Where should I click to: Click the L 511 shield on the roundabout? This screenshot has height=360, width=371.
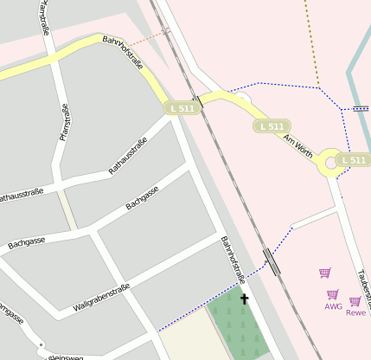pyautogui.click(x=353, y=160)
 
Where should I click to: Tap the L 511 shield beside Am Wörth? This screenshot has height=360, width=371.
pyautogui.click(x=271, y=126)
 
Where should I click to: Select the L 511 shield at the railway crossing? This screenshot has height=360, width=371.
pyautogui.click(x=182, y=108)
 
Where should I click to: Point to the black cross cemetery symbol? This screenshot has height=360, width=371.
pyautogui.click(x=244, y=299)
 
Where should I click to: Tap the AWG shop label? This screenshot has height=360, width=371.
pyautogui.click(x=333, y=305)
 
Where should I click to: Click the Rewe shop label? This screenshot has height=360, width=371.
pyautogui.click(x=355, y=312)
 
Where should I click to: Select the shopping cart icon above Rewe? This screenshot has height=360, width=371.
pyautogui.click(x=355, y=301)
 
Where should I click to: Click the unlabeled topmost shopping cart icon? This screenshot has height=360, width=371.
pyautogui.click(x=324, y=273)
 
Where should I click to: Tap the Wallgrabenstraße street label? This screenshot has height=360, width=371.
pyautogui.click(x=101, y=297)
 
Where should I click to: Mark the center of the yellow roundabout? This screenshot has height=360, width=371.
pyautogui.click(x=330, y=161)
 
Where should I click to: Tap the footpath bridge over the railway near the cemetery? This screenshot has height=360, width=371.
pyautogui.click(x=271, y=261)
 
